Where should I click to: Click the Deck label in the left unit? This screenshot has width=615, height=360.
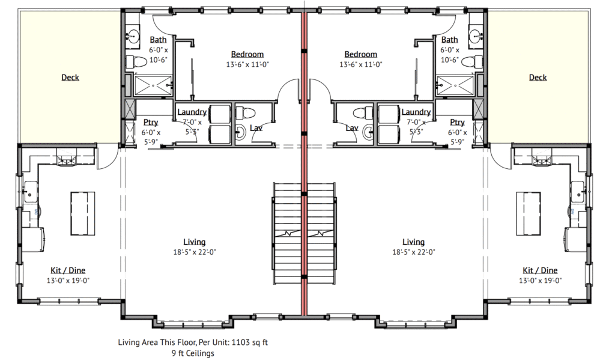(70, 78)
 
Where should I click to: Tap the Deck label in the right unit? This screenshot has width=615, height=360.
(538, 78)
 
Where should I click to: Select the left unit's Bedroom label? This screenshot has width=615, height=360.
(247, 54)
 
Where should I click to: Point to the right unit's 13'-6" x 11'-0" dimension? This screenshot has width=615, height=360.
(361, 64)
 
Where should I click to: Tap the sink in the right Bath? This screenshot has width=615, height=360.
(476, 37)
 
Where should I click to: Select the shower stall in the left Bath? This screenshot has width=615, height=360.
(153, 85)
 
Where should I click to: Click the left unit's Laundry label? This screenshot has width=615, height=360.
(192, 112)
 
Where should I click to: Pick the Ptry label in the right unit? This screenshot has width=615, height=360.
(457, 123)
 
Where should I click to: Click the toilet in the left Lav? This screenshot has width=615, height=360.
(246, 113)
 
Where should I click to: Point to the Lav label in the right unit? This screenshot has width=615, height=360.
(352, 128)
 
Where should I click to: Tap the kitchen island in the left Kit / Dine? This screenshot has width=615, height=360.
(83, 213)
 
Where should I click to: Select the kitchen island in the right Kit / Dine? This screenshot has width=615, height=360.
(529, 213)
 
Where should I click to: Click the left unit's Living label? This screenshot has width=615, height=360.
(195, 242)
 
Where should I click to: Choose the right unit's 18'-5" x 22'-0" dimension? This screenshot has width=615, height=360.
(414, 252)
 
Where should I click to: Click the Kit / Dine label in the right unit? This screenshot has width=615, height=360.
(540, 270)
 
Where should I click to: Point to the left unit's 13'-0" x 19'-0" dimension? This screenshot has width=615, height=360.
(68, 280)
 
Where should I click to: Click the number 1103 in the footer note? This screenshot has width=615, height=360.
(240, 343)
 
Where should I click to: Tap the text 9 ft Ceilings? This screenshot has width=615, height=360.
(193, 353)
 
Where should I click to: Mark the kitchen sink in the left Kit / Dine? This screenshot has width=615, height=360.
(31, 192)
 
